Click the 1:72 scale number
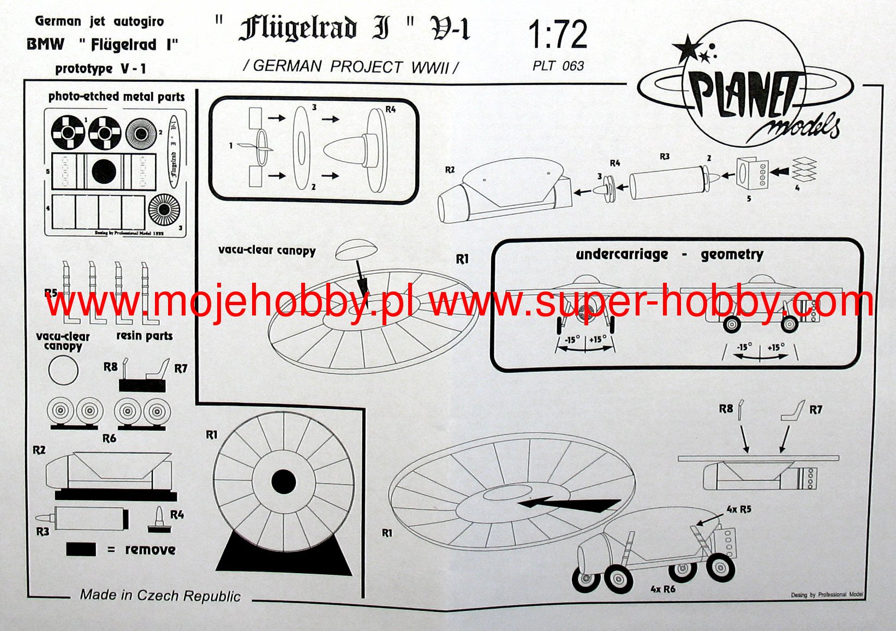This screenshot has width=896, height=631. (558, 35)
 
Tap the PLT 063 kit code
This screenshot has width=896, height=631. (558, 66)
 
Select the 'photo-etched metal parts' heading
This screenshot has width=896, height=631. (116, 97)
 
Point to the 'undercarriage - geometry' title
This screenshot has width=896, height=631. (669, 254)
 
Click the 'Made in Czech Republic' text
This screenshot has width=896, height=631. (160, 595)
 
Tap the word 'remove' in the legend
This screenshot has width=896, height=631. (150, 549)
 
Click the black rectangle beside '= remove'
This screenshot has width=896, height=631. (81, 549)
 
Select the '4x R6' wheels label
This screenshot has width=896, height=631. (662, 589)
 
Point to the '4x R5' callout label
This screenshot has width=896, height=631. (739, 509)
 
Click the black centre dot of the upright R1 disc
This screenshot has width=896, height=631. (283, 482)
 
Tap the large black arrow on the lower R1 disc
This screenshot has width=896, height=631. (568, 504)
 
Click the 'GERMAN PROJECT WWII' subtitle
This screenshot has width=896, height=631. (351, 67)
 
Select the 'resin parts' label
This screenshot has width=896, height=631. (144, 336)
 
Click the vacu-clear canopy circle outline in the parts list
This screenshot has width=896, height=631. (63, 370)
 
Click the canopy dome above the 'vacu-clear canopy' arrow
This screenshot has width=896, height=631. (356, 249)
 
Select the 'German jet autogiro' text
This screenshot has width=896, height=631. (99, 21)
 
